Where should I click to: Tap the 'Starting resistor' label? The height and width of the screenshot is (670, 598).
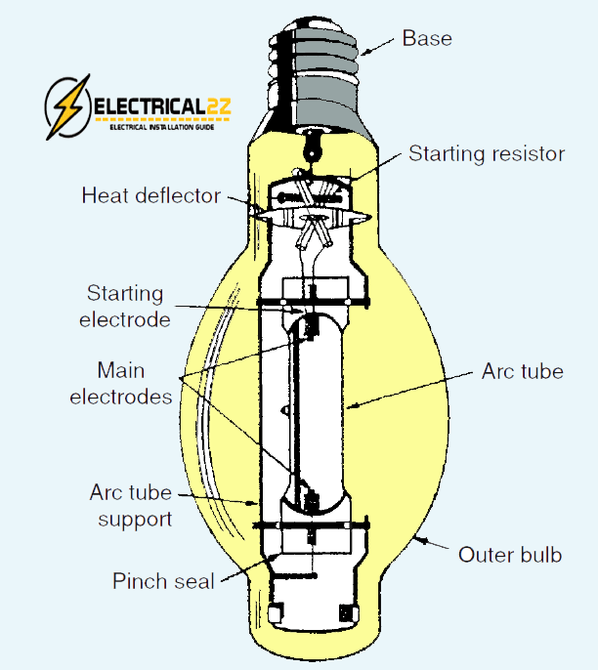[487, 153]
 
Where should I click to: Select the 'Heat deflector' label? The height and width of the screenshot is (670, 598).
[150, 195]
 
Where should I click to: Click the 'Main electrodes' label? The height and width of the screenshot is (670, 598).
[135, 384]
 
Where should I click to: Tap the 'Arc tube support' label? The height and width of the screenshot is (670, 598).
[131, 505]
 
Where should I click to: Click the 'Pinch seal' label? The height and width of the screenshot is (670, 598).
[163, 581]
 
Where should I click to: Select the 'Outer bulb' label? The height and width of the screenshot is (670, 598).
[510, 555]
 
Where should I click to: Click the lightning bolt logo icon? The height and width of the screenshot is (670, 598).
[67, 106]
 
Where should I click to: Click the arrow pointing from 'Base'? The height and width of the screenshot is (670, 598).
[378, 45]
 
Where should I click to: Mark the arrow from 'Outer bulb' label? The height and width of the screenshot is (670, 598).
[431, 544]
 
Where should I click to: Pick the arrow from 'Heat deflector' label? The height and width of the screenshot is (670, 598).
[244, 203]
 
